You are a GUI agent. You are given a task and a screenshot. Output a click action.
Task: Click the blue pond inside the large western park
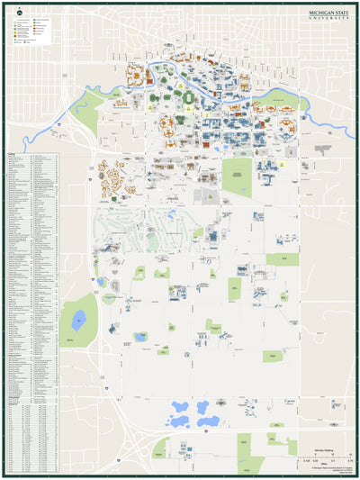click(x=79, y=317)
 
